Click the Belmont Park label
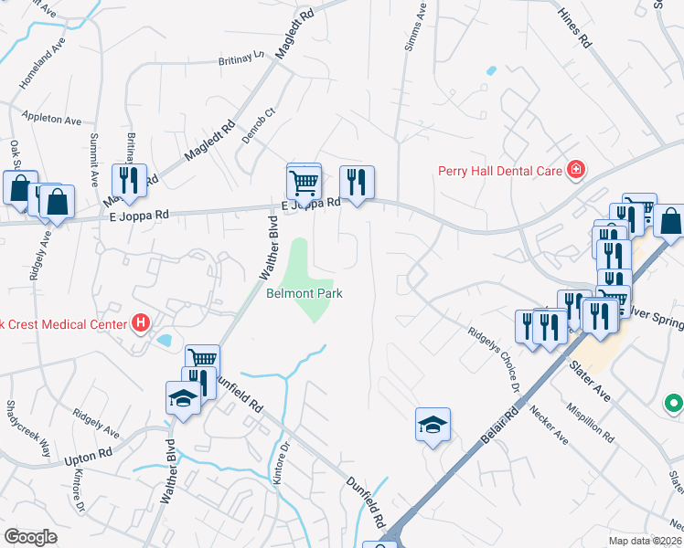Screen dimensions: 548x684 click(x=303, y=294)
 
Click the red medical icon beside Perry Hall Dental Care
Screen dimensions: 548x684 click(x=575, y=168)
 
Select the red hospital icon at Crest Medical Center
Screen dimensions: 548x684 click(x=141, y=322)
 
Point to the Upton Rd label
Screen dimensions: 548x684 click(x=89, y=453)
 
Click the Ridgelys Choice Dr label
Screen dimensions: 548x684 click(x=495, y=362)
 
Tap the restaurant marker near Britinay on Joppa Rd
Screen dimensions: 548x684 click(x=129, y=180)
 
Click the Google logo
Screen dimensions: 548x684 click(x=30, y=537)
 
